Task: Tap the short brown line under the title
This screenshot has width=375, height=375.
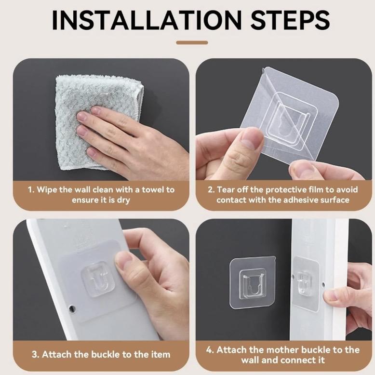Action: [192, 42]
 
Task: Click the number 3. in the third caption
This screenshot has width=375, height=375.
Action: [35, 354]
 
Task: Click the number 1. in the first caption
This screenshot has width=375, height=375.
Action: [30, 189]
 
